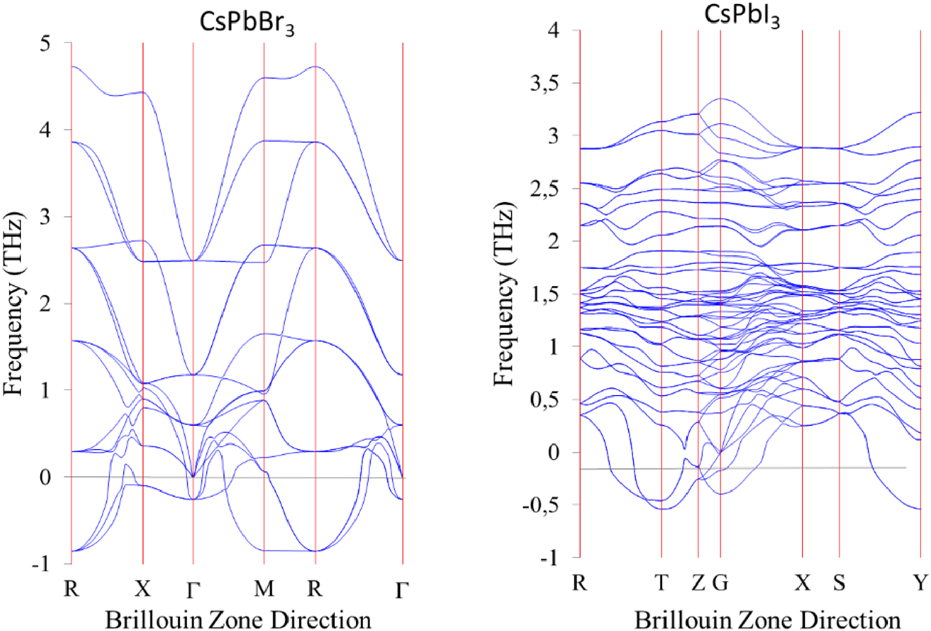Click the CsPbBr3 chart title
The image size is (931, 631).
(247, 23)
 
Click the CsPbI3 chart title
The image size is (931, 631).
(742, 16)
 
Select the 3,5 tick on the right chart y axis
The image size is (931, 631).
(544, 84)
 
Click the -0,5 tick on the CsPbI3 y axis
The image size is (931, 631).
(540, 505)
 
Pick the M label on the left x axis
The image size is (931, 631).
(264, 589)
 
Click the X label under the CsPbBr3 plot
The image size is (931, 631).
(143, 589)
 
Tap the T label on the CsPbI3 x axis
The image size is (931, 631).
(661, 582)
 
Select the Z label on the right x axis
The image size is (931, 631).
(698, 582)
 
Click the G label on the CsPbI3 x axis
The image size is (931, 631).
(720, 582)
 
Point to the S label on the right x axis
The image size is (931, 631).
(839, 582)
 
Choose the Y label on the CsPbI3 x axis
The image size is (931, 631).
(921, 582)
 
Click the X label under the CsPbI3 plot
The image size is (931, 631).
(802, 582)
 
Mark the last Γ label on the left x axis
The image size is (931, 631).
(402, 590)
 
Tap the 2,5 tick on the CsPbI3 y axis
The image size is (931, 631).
(544, 189)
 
